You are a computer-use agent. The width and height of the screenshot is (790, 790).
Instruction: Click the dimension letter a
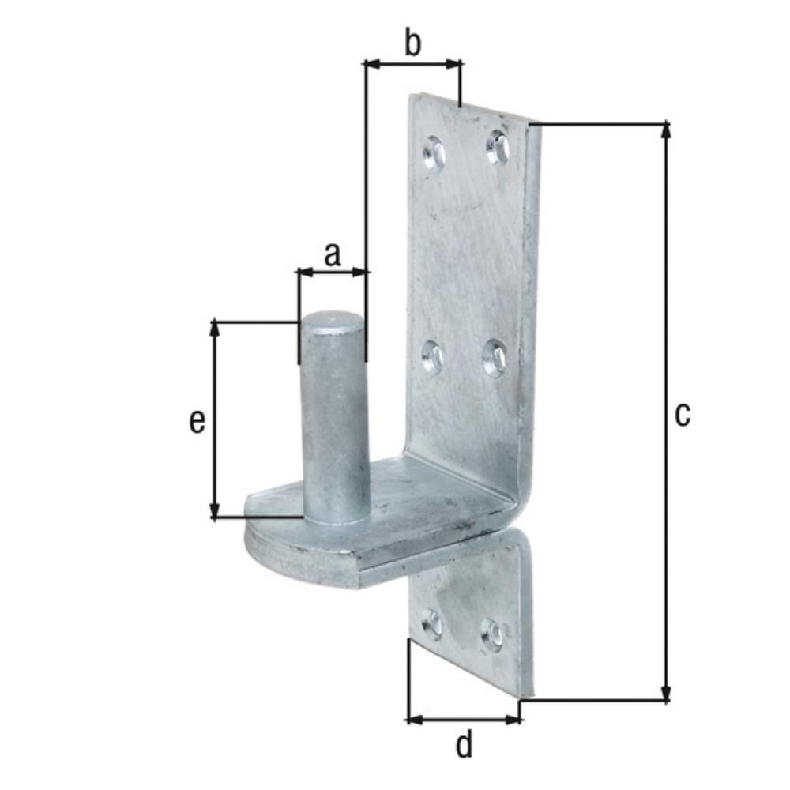point(333,254)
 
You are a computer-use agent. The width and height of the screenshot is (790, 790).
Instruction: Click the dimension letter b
point(412,43)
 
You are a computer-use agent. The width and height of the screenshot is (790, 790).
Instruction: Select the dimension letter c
point(683,416)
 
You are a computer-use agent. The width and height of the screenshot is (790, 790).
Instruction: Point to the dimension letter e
point(197,421)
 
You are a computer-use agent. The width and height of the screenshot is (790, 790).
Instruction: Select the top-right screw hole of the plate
point(497,145)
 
